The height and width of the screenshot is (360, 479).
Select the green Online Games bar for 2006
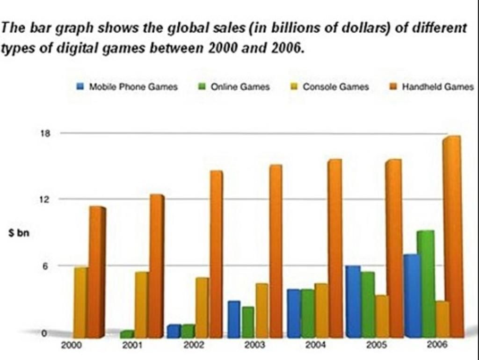(x=426, y=283)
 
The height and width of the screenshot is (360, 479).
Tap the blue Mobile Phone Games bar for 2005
(x=353, y=301)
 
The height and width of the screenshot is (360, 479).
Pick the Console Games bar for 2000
(x=80, y=302)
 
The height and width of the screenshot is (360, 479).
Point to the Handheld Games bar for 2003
(x=276, y=251)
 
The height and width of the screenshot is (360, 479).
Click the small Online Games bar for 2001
(x=127, y=334)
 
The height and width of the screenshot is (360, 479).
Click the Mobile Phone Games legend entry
(x=127, y=86)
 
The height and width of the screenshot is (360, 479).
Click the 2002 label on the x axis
(x=193, y=346)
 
